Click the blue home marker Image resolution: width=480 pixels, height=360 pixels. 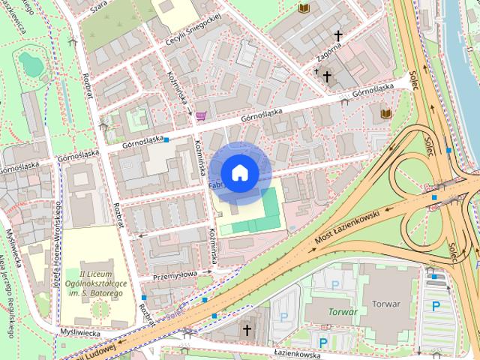coord(239,172)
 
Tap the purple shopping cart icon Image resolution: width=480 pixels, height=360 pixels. coord(200,115)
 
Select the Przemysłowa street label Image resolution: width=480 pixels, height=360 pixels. coord(174,275)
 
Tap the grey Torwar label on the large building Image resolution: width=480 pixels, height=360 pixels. coord(385,304)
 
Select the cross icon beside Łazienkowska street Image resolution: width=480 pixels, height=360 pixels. coord(247,329)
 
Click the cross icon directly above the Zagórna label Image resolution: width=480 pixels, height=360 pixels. coord(337,35)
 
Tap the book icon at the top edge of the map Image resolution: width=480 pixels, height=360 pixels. coord(304,7)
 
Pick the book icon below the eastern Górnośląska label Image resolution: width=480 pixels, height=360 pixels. coord(386,113)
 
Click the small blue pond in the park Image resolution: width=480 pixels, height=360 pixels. coord(31,64)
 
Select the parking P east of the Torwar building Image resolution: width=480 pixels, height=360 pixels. coord(436,305)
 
